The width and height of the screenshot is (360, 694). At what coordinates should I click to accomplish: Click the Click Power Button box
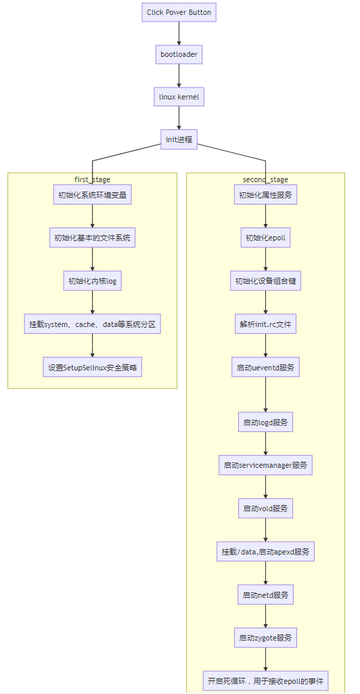pyautogui.click(x=179, y=12)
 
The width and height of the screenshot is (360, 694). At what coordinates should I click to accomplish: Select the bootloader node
pyautogui.click(x=179, y=54)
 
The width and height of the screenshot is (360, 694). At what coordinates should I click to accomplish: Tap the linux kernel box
pyautogui.click(x=179, y=97)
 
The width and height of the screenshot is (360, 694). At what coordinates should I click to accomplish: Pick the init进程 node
pyautogui.click(x=179, y=139)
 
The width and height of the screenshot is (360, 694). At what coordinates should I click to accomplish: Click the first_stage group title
pyautogui.click(x=93, y=179)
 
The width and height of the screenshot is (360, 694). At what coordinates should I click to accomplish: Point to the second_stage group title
pyautogui.click(x=265, y=179)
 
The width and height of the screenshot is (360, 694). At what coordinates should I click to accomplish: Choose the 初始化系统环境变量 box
pyautogui.click(x=93, y=195)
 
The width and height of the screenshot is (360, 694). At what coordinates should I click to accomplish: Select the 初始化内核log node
pyautogui.click(x=93, y=281)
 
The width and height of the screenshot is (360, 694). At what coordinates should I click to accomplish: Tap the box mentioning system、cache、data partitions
pyautogui.click(x=93, y=324)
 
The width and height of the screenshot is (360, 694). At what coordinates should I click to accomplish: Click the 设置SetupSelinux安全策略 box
pyautogui.click(x=93, y=368)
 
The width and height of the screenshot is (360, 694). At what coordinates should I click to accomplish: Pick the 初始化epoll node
pyautogui.click(x=265, y=238)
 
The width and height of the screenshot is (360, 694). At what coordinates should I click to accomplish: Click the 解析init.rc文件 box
pyautogui.click(x=265, y=324)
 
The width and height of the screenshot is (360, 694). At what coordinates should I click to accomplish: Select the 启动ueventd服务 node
pyautogui.click(x=265, y=368)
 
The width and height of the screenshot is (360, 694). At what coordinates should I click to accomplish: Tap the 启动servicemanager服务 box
pyautogui.click(x=265, y=465)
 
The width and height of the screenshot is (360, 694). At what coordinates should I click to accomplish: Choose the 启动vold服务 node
pyautogui.click(x=265, y=508)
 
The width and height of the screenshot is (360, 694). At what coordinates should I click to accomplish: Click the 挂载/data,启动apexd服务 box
pyautogui.click(x=265, y=552)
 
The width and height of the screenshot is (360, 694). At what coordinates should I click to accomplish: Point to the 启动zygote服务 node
pyautogui.click(x=265, y=638)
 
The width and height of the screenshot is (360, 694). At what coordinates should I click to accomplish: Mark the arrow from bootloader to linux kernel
pyautogui.click(x=179, y=75)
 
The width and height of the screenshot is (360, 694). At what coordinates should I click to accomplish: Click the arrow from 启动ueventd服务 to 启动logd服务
pyautogui.click(x=265, y=394)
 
